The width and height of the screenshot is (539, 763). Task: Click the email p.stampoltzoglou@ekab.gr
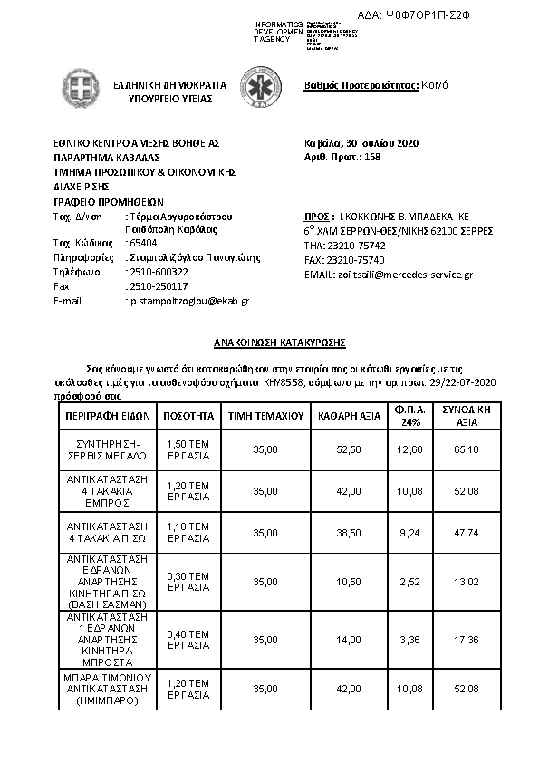[x=188, y=300]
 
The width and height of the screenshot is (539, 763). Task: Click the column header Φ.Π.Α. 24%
[x=411, y=416]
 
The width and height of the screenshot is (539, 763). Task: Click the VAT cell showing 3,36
[x=411, y=640]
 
